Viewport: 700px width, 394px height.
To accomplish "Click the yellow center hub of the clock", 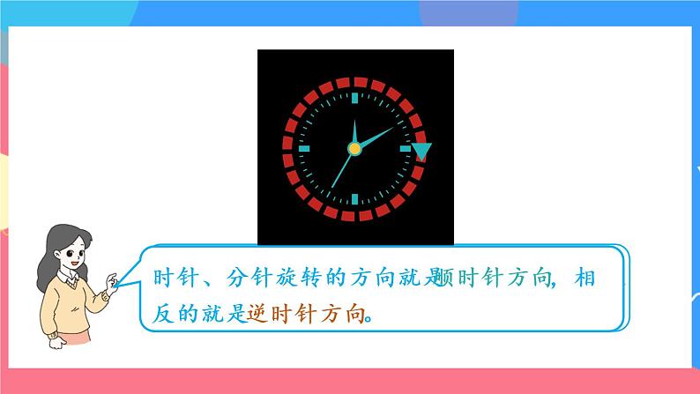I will (354, 148).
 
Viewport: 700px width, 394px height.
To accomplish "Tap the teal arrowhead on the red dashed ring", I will (421, 152).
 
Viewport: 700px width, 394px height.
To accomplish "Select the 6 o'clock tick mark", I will (354, 200).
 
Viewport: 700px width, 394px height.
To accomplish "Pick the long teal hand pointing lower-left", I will (339, 171).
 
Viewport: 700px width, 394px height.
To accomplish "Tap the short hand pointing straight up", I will (354, 130).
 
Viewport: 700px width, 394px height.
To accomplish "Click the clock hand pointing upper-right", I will (376, 136).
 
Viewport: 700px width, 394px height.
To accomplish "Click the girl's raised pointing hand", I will (112, 280).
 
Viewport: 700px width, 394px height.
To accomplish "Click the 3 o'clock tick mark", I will (406, 149).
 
